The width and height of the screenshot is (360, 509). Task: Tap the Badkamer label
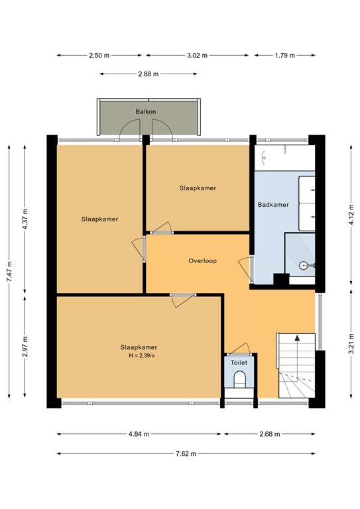tap(273, 205)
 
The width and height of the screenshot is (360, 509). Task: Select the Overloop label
tap(203, 260)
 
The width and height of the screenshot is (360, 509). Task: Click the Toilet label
tap(239, 363)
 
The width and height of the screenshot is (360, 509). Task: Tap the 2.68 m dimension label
tap(269, 434)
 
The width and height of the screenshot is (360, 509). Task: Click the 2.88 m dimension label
tap(149, 74)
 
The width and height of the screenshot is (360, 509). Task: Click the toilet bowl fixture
tap(240, 380)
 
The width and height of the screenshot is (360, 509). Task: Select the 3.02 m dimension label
tap(197, 55)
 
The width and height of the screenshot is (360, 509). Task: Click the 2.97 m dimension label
tap(25, 346)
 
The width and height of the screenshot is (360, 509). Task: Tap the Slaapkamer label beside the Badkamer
tap(198, 188)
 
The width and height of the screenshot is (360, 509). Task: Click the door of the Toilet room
tap(240, 348)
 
